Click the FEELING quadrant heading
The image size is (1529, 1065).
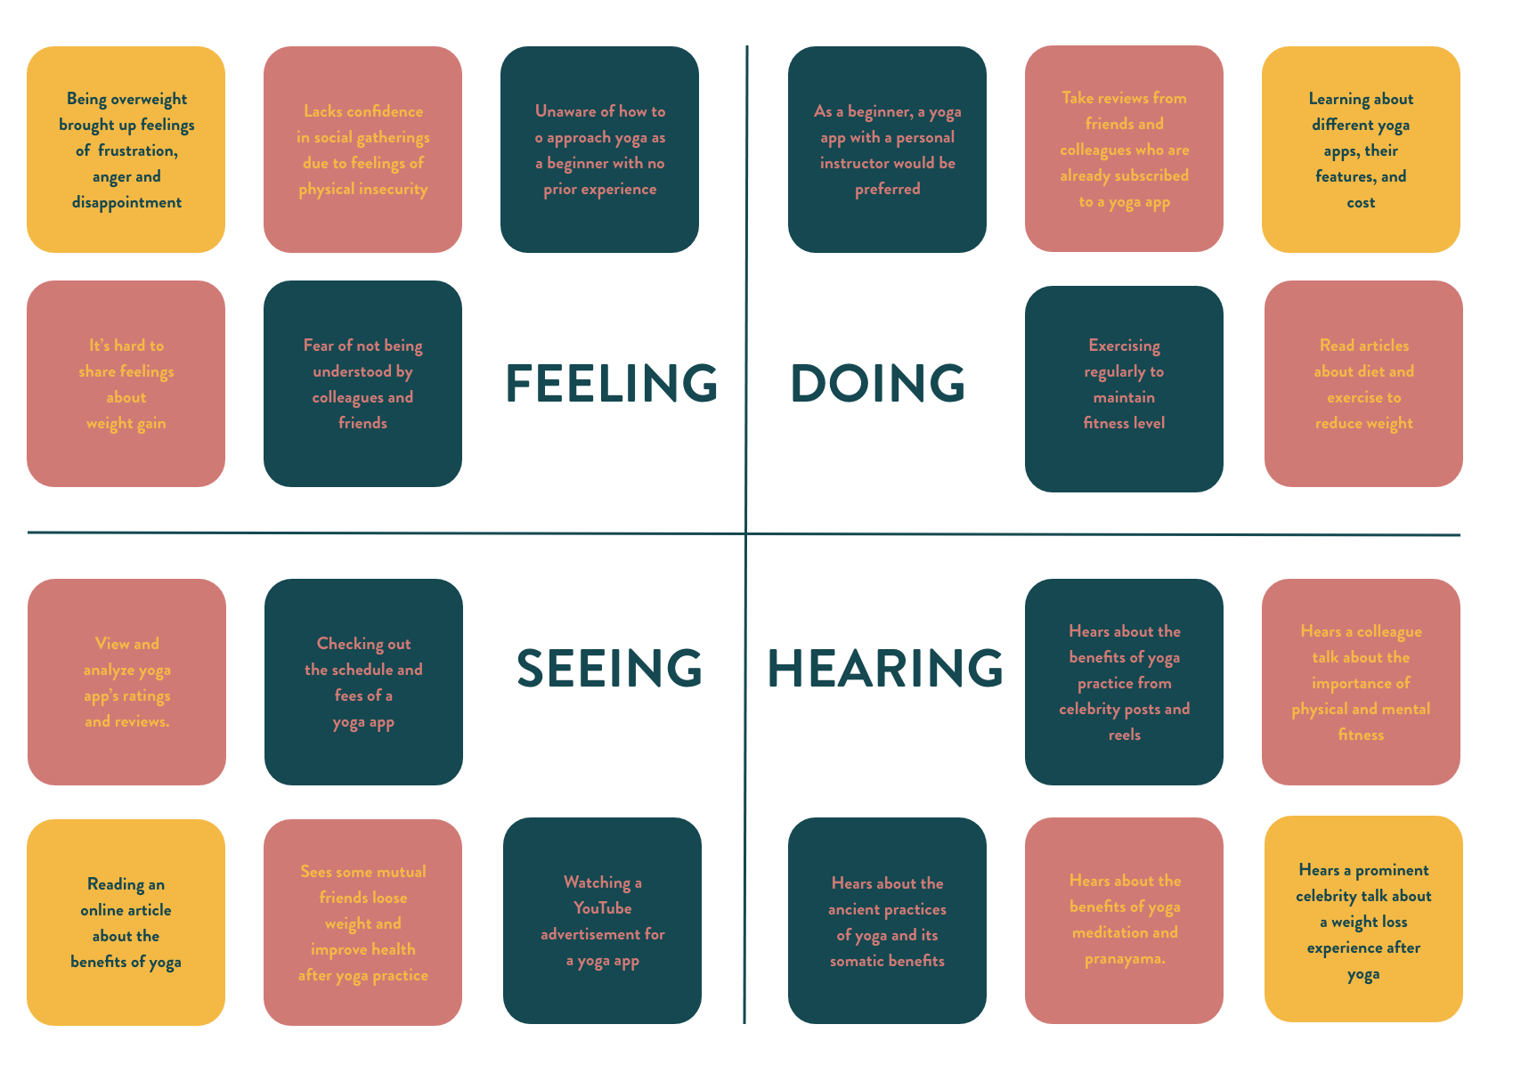click(611, 384)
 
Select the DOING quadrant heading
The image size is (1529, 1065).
click(877, 384)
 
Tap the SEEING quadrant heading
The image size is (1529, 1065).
click(609, 669)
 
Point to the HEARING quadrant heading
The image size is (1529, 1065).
click(885, 669)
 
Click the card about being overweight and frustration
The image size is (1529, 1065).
click(126, 150)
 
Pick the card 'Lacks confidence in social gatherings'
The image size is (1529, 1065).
click(362, 150)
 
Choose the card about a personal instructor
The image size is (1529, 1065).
click(887, 150)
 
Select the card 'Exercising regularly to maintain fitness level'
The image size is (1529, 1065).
click(1124, 388)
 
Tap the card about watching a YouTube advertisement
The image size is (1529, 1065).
click(602, 921)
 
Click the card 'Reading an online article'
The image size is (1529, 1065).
click(126, 923)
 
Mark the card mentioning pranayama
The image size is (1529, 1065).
click(1124, 921)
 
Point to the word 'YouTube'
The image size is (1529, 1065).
click(602, 908)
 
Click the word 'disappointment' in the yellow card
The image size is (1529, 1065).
click(126, 203)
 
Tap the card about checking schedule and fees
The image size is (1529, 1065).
click(363, 682)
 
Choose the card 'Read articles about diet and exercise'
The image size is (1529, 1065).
click(1363, 384)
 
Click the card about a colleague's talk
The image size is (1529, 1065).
click(1361, 682)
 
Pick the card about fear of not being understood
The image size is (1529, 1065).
click(362, 384)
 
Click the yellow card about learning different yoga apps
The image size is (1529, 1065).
click(1361, 150)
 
